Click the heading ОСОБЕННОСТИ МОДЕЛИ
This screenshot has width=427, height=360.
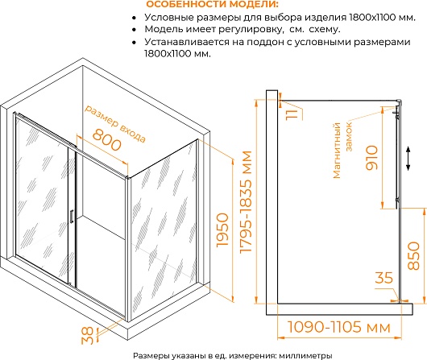(213, 4)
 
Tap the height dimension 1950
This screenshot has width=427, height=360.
(222, 230)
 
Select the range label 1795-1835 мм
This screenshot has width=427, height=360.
(247, 202)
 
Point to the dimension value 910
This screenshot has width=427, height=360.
(371, 158)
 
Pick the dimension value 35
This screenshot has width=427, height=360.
(384, 278)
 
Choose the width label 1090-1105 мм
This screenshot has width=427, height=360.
(339, 327)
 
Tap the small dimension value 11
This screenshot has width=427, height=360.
(292, 114)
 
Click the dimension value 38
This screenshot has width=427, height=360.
(88, 335)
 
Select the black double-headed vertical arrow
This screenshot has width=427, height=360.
(408, 158)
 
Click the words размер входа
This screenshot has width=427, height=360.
(115, 123)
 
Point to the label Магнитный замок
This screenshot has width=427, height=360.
(342, 151)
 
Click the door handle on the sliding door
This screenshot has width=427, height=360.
(72, 217)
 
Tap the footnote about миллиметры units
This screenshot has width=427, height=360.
(233, 356)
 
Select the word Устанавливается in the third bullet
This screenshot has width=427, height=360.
(187, 42)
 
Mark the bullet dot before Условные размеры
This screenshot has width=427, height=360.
(134, 18)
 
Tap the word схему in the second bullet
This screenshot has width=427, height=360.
(325, 29)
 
